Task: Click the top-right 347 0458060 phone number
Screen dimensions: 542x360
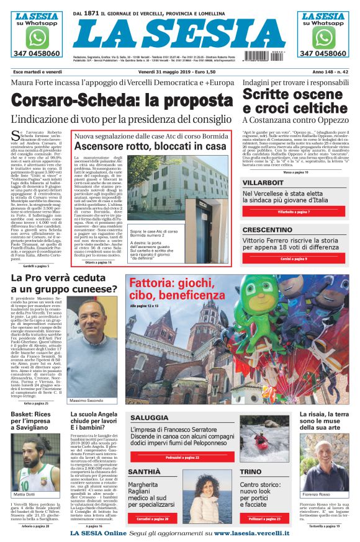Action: click(x=322, y=54)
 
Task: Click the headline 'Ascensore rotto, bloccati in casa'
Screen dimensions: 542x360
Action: click(x=149, y=146)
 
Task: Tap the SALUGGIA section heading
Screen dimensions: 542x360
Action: click(x=149, y=418)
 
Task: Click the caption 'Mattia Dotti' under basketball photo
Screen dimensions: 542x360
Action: click(x=25, y=494)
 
